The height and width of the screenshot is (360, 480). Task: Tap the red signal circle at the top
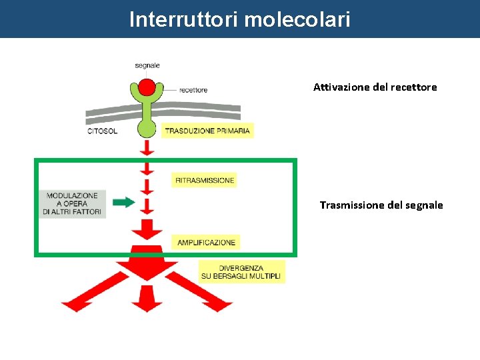click(x=147, y=87)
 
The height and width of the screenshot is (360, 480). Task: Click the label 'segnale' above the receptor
click(x=147, y=65)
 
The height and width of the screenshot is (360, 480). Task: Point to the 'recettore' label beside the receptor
click(x=193, y=90)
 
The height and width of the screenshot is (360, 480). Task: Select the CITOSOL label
click(x=103, y=131)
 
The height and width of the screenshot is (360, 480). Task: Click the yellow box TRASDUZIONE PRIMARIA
click(x=207, y=131)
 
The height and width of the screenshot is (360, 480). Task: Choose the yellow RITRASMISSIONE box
click(x=205, y=180)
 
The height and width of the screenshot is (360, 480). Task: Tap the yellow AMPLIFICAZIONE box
click(x=206, y=242)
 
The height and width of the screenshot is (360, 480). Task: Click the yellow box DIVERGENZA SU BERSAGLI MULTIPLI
click(x=241, y=271)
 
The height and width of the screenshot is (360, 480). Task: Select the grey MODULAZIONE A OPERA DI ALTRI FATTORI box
click(x=73, y=203)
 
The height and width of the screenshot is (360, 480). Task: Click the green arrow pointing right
click(x=123, y=203)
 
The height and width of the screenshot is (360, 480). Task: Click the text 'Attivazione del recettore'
click(x=375, y=87)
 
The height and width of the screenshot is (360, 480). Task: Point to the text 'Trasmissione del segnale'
click(x=381, y=205)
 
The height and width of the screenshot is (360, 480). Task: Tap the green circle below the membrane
click(x=147, y=127)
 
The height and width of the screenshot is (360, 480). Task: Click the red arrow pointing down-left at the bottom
click(x=83, y=297)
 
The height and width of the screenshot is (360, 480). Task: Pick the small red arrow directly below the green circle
click(x=147, y=147)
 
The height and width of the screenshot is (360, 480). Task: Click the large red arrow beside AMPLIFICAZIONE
click(x=147, y=230)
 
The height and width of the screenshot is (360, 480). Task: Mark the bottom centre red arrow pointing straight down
click(x=147, y=299)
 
